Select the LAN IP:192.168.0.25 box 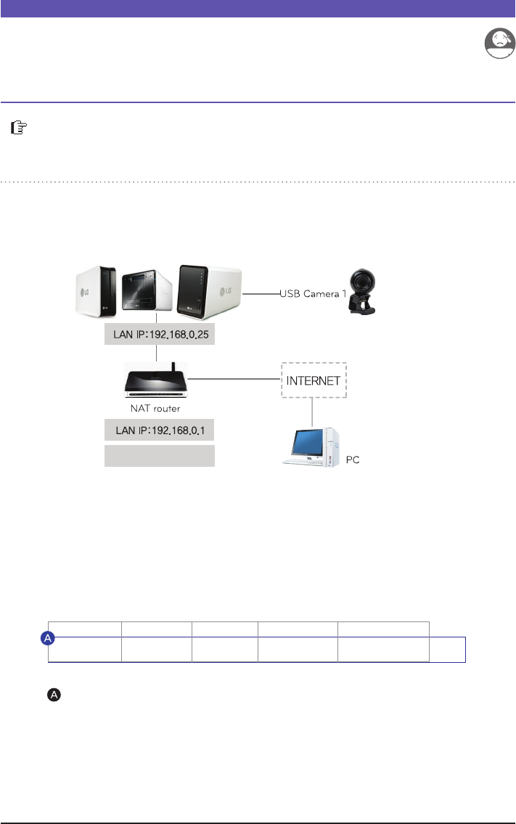[x=159, y=336]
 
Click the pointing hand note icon [x=18, y=129]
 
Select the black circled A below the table [x=54, y=695]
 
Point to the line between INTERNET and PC [x=312, y=412]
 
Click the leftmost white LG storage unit [x=97, y=293]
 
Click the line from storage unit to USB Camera [x=261, y=294]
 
